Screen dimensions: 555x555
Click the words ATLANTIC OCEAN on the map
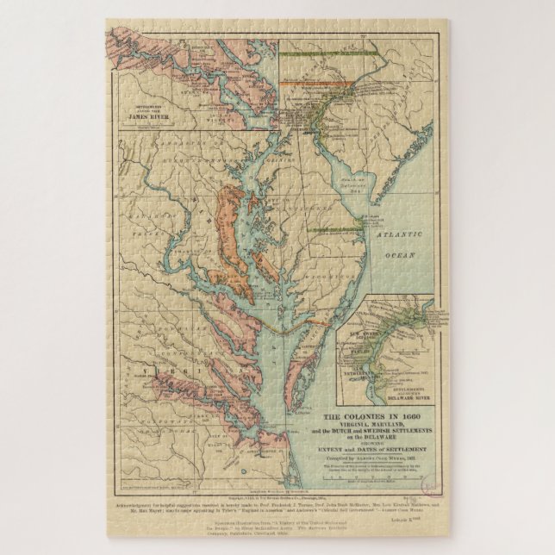click(397, 245)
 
